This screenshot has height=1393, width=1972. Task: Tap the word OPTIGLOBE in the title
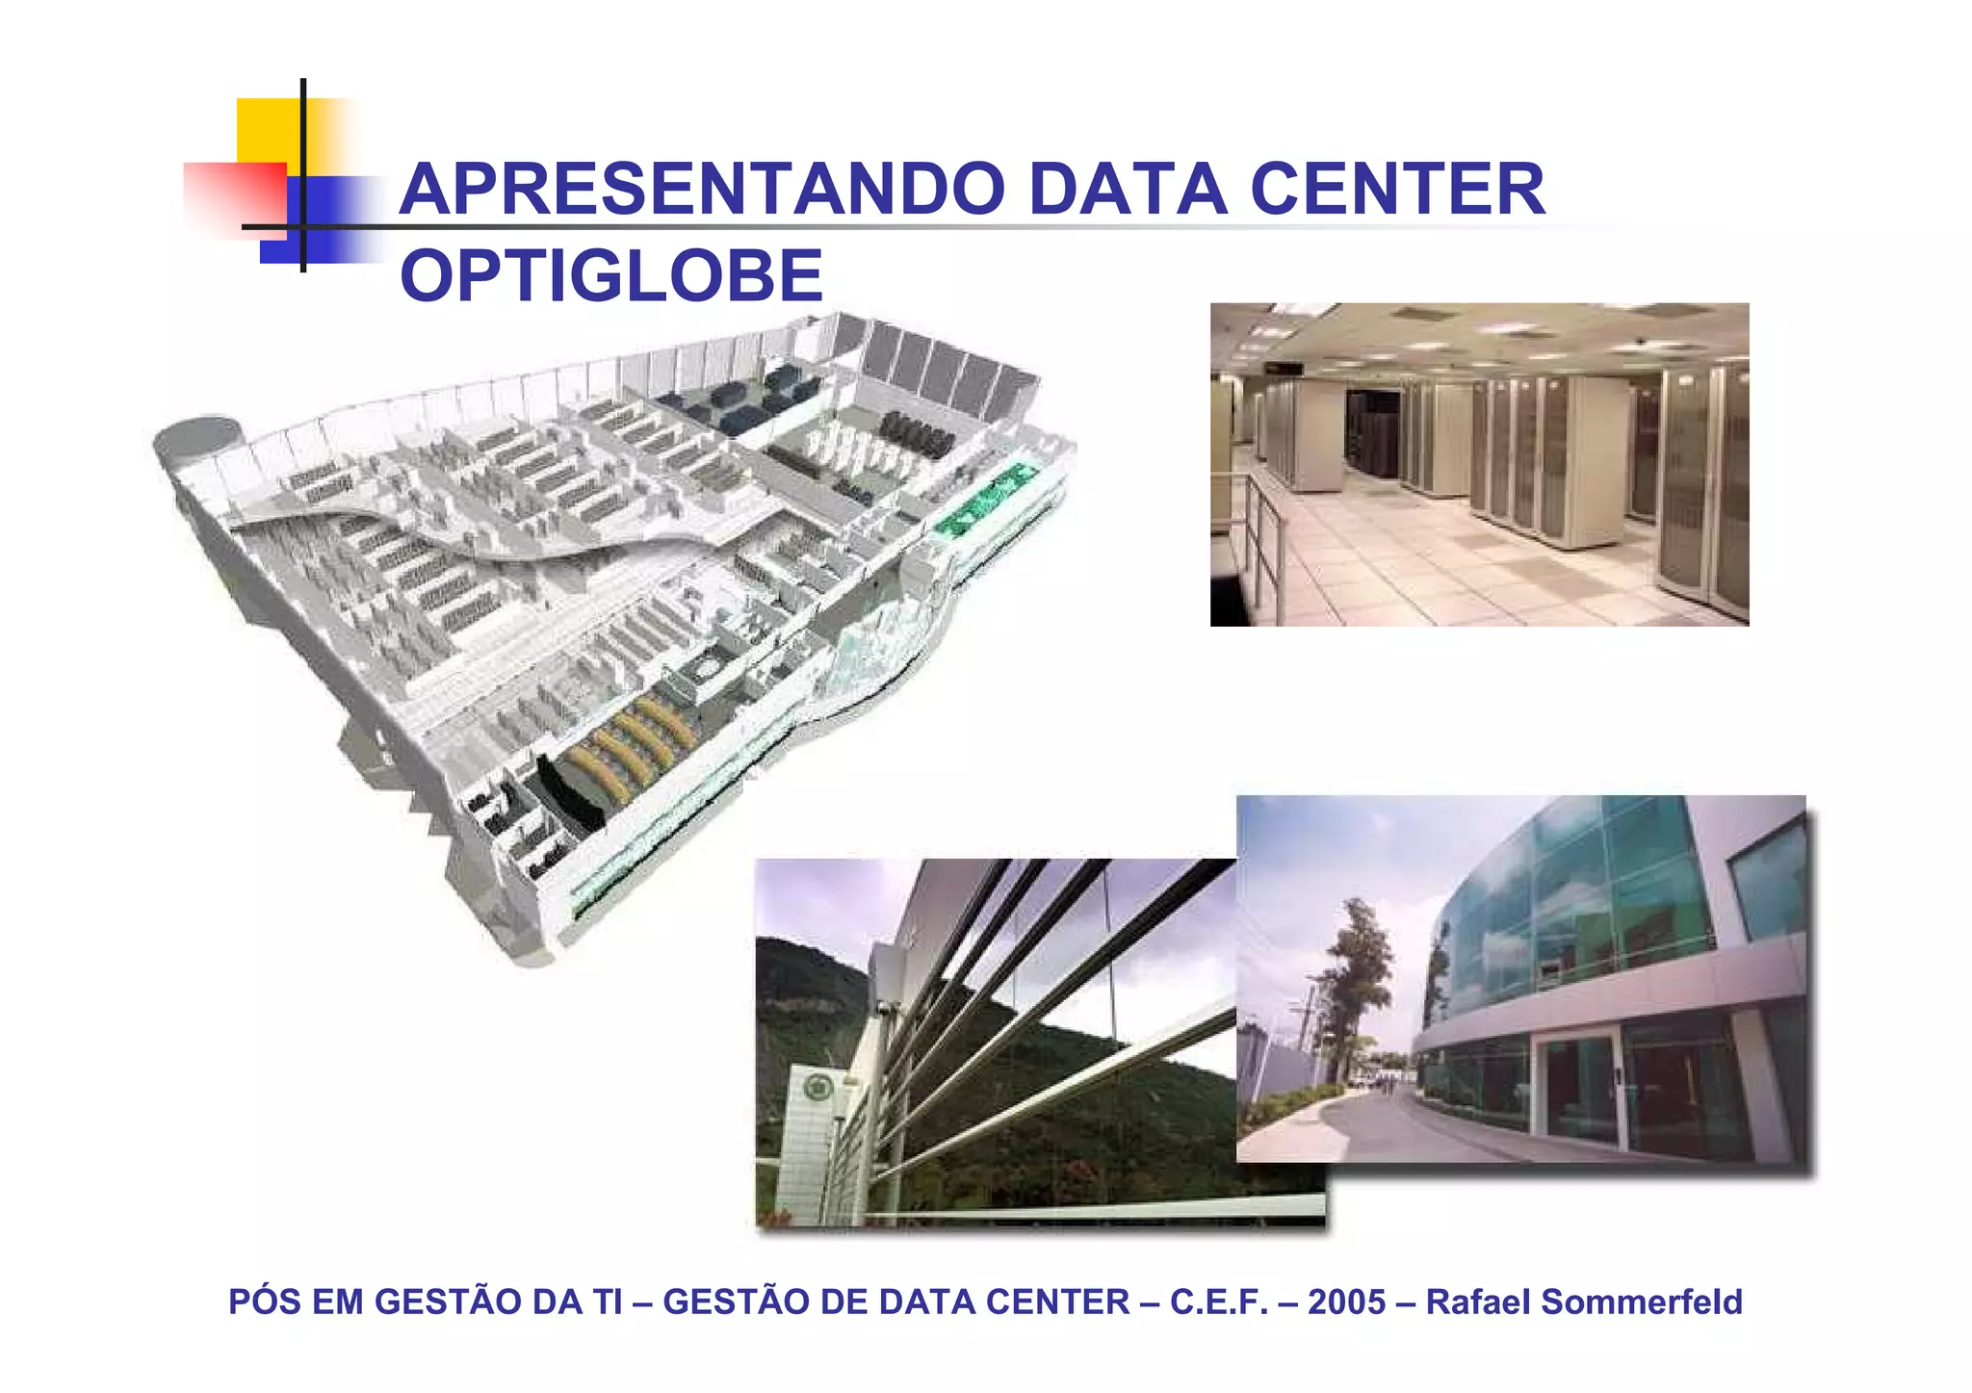[611, 276]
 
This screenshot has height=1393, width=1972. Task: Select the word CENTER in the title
[1398, 190]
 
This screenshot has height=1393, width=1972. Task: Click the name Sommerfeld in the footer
[1642, 1303]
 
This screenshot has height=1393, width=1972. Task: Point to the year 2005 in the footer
[1346, 1303]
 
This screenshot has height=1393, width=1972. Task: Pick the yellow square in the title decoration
[270, 130]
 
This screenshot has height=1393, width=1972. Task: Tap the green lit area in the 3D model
[982, 501]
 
